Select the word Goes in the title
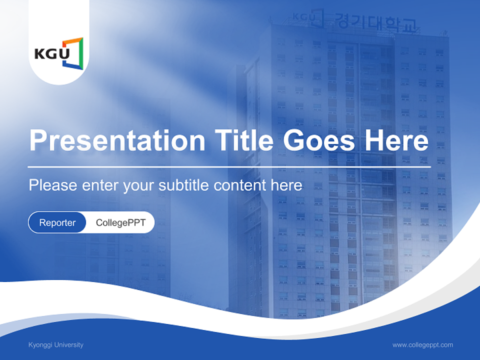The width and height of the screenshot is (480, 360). [319, 140]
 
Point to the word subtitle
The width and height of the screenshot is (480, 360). [184, 185]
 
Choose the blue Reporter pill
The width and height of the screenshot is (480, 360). [57, 222]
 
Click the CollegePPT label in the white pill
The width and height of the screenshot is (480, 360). [120, 222]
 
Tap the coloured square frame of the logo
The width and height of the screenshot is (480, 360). [73, 51]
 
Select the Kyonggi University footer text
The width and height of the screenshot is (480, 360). [56, 344]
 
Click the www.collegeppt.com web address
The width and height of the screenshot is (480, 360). [422, 344]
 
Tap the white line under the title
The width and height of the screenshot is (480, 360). [228, 166]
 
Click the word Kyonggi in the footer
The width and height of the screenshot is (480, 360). [39, 344]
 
